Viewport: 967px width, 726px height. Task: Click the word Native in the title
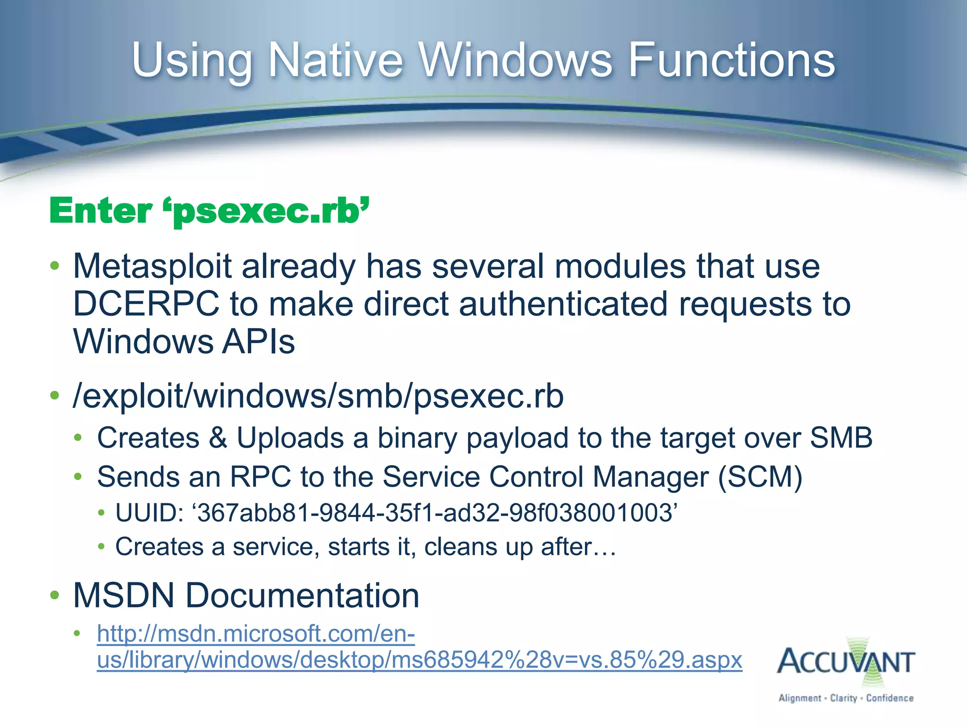pyautogui.click(x=336, y=60)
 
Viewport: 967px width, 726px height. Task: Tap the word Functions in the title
pyautogui.click(x=731, y=60)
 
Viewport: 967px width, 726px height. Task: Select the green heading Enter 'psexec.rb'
pyautogui.click(x=209, y=211)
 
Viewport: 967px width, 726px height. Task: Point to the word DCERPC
pyautogui.click(x=146, y=304)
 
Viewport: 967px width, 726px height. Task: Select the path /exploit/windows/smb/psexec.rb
pyautogui.click(x=318, y=396)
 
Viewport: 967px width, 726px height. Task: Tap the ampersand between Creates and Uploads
pyautogui.click(x=218, y=438)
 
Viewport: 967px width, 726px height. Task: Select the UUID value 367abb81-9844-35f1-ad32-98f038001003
pyautogui.click(x=434, y=513)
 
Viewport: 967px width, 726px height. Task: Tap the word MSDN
pyautogui.click(x=124, y=596)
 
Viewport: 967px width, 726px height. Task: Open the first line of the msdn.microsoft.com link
pyautogui.click(x=255, y=634)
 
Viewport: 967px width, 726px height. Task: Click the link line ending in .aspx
pyautogui.click(x=419, y=660)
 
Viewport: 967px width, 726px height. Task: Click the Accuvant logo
pyautogui.click(x=846, y=662)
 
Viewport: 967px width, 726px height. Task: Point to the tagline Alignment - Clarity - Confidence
pyautogui.click(x=846, y=698)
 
